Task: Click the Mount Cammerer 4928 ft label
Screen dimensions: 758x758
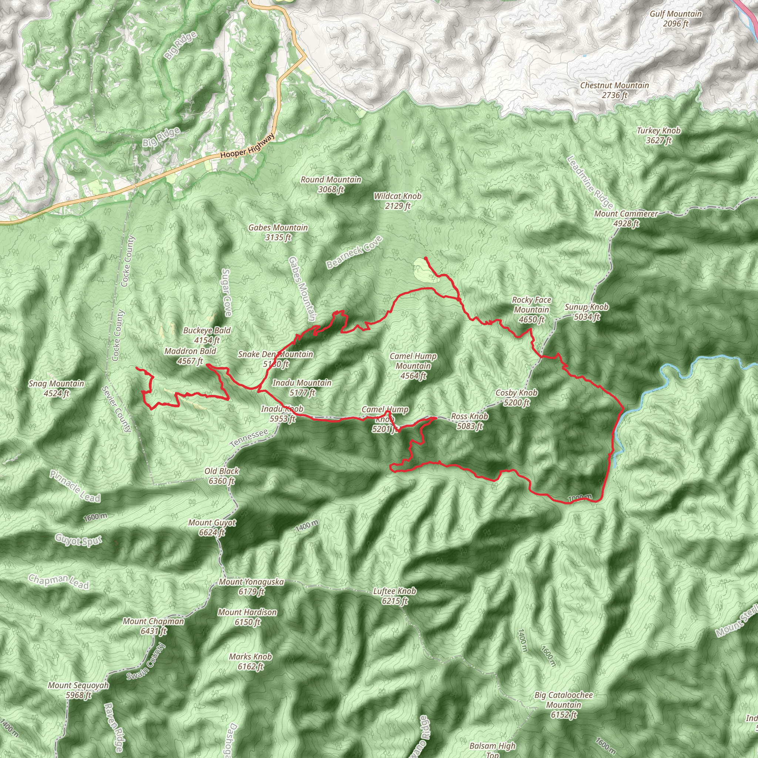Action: point(626,218)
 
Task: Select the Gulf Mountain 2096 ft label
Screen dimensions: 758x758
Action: point(675,19)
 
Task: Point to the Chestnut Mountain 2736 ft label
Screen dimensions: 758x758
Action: point(614,90)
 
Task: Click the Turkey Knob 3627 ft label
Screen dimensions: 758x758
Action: point(659,135)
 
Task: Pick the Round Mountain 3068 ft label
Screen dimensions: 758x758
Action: point(331,184)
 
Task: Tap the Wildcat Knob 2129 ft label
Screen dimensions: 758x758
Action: point(398,201)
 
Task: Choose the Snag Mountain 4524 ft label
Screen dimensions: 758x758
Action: point(57,388)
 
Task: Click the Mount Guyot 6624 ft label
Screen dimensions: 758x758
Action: point(212,527)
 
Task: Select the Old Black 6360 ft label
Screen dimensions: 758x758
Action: point(222,476)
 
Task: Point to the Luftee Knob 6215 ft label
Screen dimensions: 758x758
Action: point(394,596)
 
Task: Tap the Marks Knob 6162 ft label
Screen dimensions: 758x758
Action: point(250,661)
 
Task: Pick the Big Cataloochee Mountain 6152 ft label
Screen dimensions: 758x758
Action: point(563,705)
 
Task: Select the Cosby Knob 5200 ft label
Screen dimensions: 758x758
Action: point(516,398)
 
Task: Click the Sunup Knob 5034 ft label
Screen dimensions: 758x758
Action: point(587,312)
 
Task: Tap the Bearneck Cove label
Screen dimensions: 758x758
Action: point(354,252)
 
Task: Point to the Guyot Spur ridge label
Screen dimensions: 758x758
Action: point(78,540)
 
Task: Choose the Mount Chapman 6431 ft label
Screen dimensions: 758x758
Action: point(153,626)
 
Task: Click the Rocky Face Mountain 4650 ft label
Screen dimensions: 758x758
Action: point(531,309)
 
